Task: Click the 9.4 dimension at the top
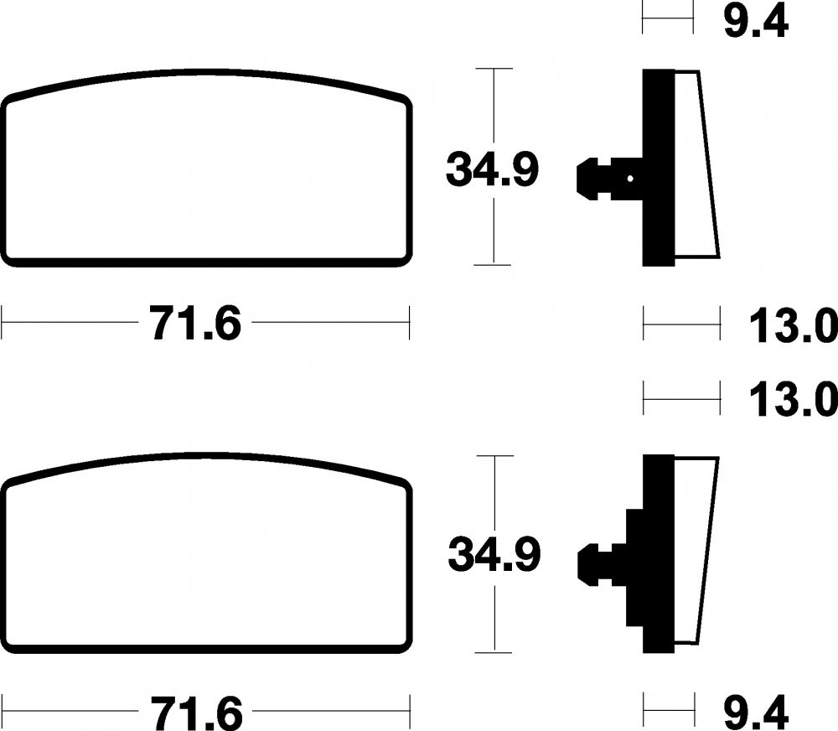[x=756, y=23]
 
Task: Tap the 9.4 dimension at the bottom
[x=756, y=712]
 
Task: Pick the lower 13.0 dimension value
[x=793, y=400]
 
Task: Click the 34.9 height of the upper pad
[x=492, y=169]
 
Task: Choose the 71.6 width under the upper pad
[x=196, y=324]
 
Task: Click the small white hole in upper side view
[x=631, y=179]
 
